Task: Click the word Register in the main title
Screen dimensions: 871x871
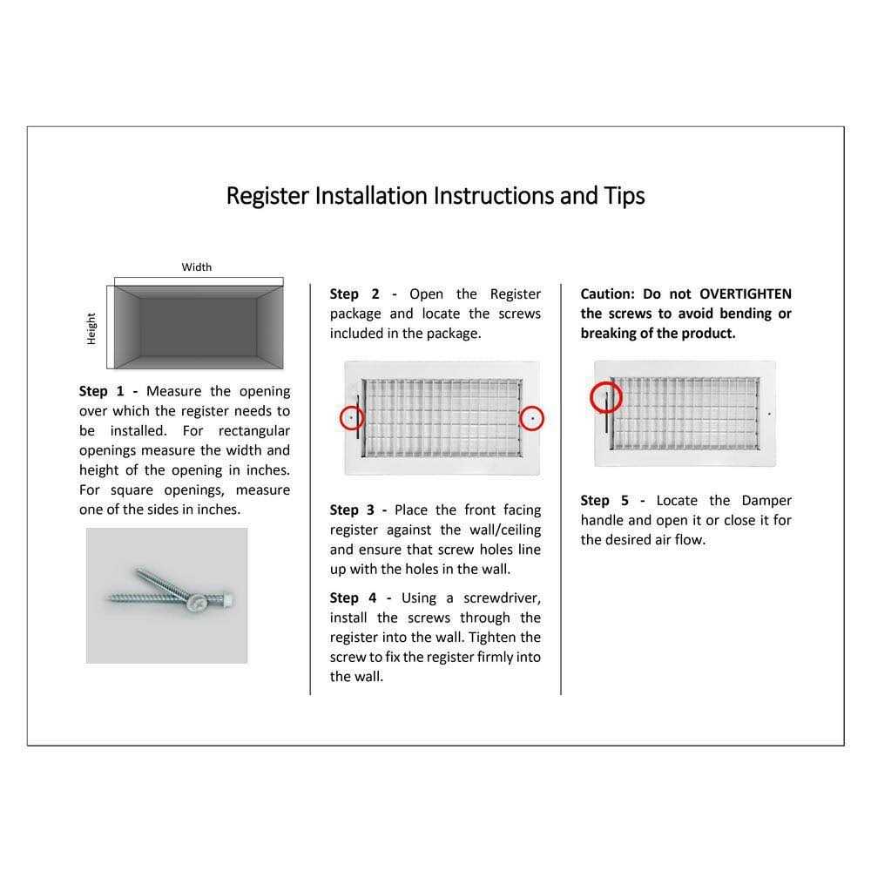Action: click(267, 196)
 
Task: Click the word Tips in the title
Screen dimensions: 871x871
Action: click(625, 196)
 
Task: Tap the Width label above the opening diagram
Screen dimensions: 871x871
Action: click(197, 267)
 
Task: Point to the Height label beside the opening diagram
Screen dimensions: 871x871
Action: click(91, 329)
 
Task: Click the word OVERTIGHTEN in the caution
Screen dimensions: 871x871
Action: click(746, 294)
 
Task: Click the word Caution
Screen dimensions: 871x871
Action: click(608, 294)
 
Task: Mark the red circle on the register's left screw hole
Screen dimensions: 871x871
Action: click(351, 418)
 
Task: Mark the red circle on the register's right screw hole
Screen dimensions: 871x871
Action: click(532, 418)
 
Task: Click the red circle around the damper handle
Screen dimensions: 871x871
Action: click(606, 398)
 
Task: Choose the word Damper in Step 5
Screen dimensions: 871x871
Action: click(766, 501)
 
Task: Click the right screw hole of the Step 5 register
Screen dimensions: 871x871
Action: click(769, 415)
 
